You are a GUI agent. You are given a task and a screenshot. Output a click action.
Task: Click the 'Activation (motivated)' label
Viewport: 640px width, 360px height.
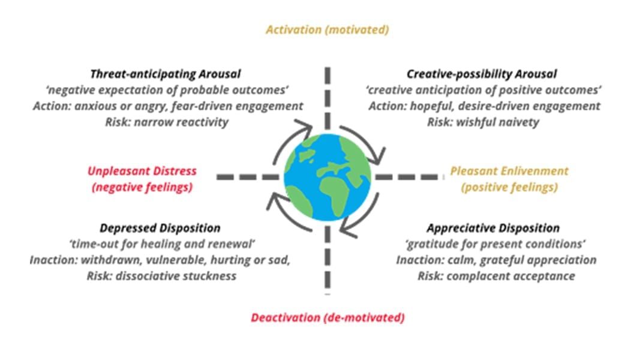(x=327, y=30)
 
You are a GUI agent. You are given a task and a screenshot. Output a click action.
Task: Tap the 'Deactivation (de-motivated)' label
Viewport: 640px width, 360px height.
(x=327, y=317)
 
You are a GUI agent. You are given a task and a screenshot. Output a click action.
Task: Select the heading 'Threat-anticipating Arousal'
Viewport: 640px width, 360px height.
(x=166, y=74)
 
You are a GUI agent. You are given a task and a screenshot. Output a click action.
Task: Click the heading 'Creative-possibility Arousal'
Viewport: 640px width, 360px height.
(x=482, y=74)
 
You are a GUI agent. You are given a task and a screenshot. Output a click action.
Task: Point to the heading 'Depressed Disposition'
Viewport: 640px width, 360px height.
(x=160, y=228)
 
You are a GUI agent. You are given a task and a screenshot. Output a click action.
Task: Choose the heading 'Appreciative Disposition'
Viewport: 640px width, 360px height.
(x=493, y=228)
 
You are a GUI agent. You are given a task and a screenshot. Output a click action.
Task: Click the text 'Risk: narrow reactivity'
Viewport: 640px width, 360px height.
(x=167, y=122)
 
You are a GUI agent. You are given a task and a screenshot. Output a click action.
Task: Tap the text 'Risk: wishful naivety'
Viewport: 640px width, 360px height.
(x=483, y=122)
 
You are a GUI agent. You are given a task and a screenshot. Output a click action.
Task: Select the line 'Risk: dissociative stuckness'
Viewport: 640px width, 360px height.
(x=161, y=276)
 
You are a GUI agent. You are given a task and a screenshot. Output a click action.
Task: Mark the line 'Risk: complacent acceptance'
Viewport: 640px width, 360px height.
(x=496, y=276)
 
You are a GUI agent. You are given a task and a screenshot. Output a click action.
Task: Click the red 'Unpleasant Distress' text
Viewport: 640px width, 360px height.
(x=142, y=171)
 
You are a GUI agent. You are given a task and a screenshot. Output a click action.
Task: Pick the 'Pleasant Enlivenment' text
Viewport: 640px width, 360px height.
(x=509, y=171)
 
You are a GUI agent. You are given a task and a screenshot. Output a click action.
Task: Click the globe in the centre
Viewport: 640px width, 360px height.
(x=327, y=177)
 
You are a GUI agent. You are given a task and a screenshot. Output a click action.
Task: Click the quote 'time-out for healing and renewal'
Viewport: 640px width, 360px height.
(x=162, y=244)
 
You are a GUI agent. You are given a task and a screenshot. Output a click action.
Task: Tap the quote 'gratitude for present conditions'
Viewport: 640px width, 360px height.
(x=495, y=244)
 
